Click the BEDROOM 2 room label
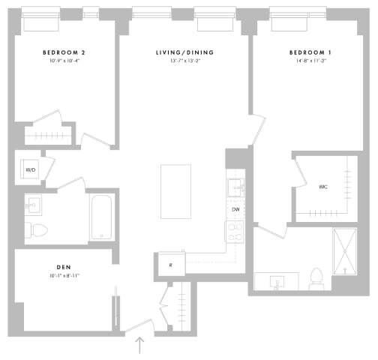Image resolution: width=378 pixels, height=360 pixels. click(63, 52)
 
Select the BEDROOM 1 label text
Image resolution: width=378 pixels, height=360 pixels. click(309, 52)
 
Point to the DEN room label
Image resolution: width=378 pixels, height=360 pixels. click(63, 267)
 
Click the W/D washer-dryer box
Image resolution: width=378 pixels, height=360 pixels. click(30, 169)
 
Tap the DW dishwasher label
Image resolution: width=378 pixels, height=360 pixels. click(235, 209)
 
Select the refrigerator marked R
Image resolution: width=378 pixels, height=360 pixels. click(170, 264)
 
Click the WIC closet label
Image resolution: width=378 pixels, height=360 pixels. click(322, 187)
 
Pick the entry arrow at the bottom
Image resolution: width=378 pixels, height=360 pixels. click(140, 345)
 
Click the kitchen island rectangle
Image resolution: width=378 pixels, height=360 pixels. click(175, 191)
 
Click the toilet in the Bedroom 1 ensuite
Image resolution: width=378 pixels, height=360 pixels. click(315, 278)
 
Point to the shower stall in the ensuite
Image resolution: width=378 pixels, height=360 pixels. click(346, 251)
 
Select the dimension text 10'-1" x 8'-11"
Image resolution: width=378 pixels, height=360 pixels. click(63, 276)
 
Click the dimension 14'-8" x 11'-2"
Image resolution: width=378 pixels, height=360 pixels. click(309, 61)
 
